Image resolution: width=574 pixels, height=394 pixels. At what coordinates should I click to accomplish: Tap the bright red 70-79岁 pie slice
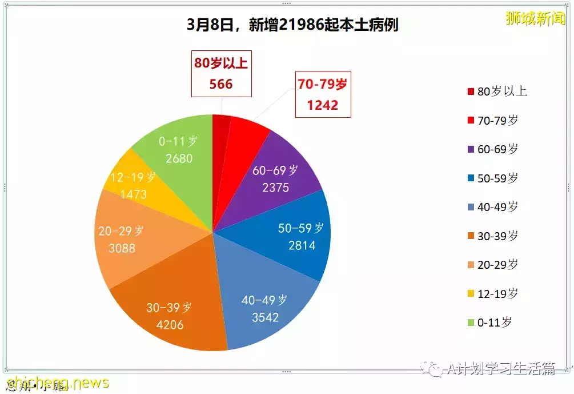point(246,137)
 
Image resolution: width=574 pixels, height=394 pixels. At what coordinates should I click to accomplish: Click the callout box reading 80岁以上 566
point(221,74)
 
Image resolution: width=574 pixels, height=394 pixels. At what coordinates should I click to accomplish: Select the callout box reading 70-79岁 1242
point(323,94)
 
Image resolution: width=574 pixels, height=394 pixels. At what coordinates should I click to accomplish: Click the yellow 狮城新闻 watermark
point(535,19)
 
